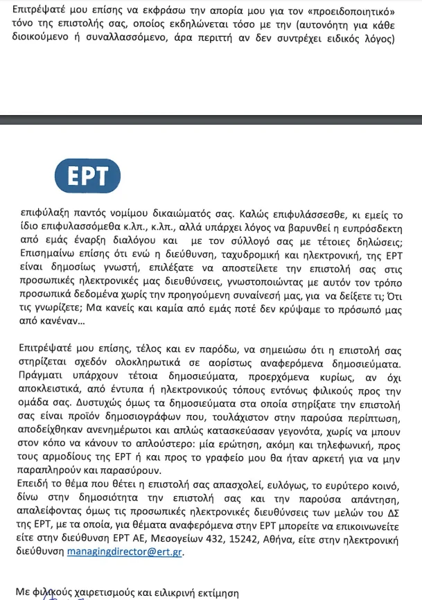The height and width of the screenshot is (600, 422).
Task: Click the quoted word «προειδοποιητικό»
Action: (x=353, y=12)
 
